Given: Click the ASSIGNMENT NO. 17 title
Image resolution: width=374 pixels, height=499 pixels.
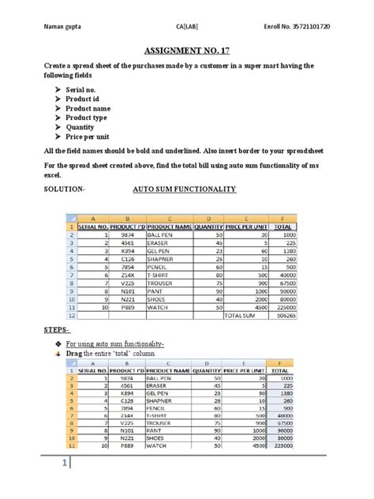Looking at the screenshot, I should click(x=187, y=50).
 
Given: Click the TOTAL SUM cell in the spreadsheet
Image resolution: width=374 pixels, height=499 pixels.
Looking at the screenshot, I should click(x=242, y=313).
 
